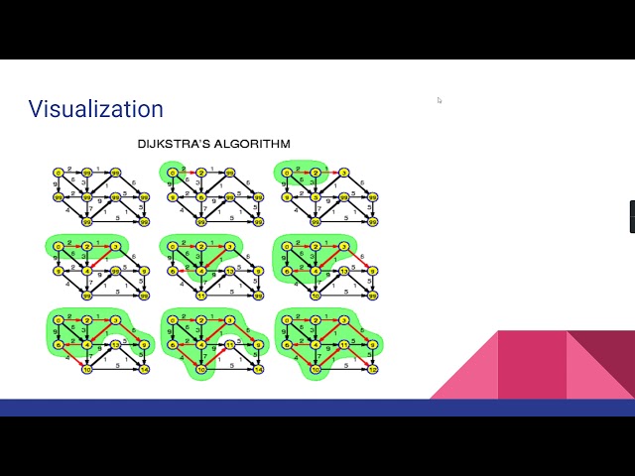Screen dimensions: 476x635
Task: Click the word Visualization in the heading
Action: [95, 109]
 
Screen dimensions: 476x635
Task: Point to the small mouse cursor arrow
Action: [440, 100]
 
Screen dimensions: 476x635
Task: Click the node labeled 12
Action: [372, 369]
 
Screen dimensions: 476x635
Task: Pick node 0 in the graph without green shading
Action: [58, 172]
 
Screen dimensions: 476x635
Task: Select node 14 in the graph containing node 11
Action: [258, 369]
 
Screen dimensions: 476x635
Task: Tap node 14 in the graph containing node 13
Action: [144, 369]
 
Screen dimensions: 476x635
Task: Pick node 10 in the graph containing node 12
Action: [316, 369]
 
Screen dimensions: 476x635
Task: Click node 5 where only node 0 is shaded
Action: [200, 197]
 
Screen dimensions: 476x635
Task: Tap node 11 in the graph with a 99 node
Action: [200, 294]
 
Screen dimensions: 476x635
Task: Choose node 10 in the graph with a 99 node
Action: [316, 294]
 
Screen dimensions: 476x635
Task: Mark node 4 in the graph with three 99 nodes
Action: [87, 271]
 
